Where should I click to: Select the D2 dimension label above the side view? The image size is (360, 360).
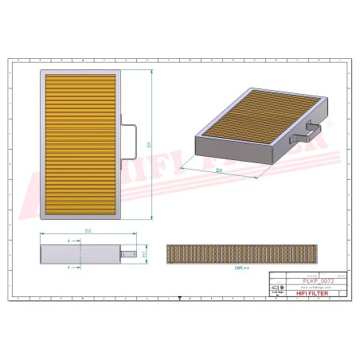88,231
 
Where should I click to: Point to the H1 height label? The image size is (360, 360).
143,255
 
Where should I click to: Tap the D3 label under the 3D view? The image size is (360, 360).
218,170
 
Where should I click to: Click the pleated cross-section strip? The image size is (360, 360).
242,254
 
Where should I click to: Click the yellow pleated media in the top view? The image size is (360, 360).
80,143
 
